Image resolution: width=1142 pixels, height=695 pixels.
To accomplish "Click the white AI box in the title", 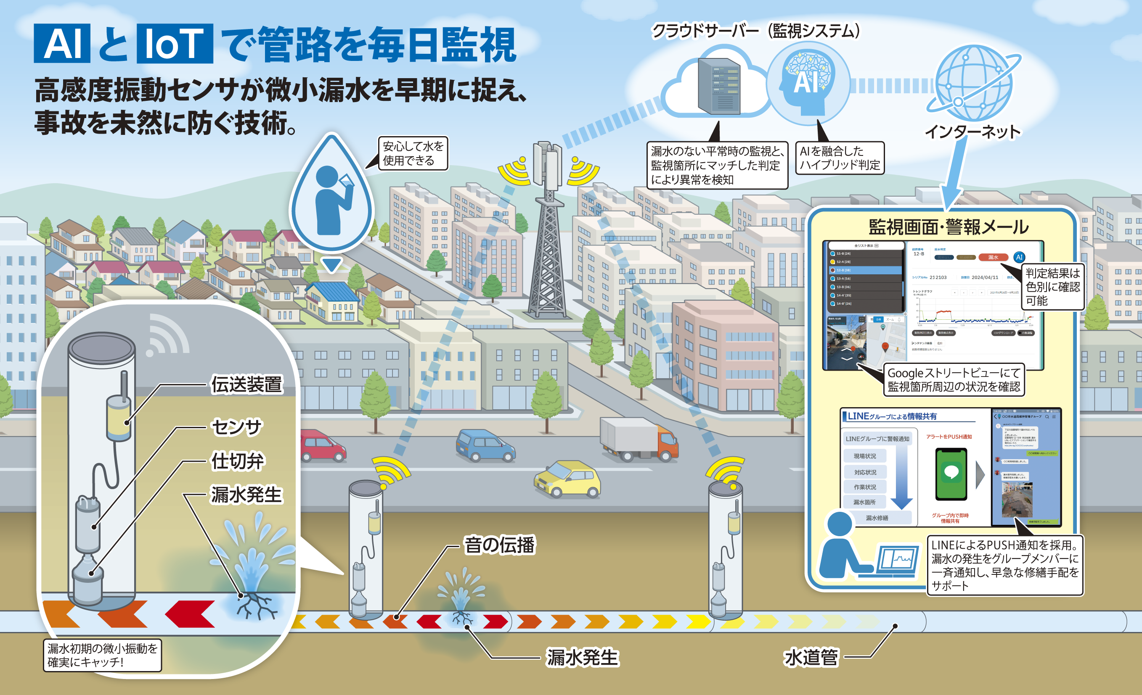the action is tap(62, 44).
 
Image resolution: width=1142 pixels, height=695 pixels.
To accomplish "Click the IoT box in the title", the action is tap(175, 44).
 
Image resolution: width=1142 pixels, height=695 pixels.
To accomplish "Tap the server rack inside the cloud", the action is tap(719, 86).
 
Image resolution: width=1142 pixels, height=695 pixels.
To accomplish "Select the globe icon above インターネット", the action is tap(973, 83).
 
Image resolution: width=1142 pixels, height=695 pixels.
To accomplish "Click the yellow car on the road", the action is tap(567, 479).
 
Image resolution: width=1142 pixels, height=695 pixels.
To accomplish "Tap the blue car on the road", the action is tap(484, 445).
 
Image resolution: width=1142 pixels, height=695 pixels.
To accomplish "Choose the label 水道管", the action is tap(811, 658).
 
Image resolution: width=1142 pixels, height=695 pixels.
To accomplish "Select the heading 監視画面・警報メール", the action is tap(948, 227).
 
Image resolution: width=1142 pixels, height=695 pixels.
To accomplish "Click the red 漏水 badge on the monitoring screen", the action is tap(993, 258).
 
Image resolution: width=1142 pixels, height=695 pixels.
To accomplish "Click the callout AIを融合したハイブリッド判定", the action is tap(839, 158).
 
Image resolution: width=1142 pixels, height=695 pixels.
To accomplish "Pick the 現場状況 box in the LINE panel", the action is tap(865, 456).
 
